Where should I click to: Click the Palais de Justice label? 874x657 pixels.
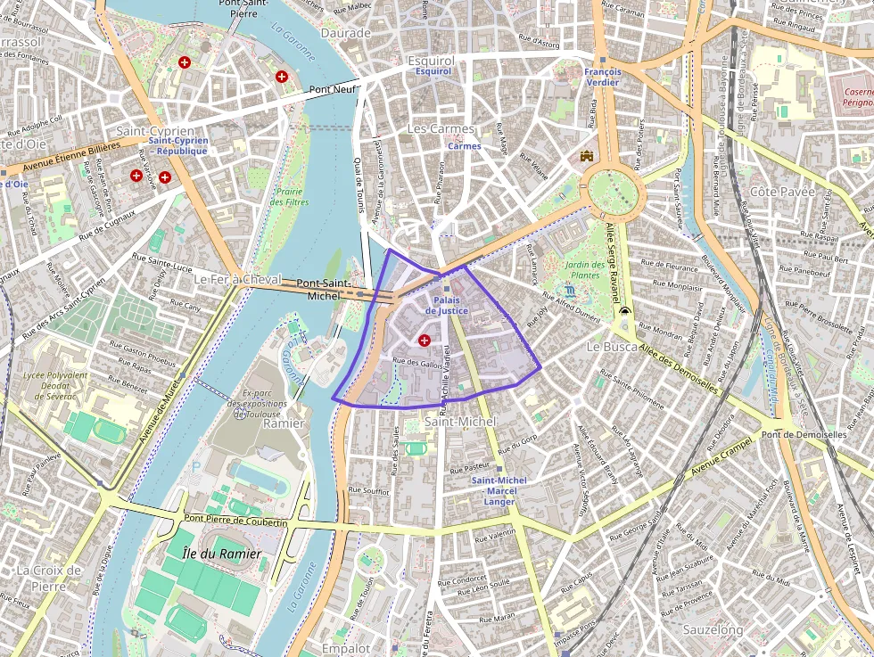[x=446, y=305]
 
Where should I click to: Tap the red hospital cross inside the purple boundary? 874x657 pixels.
[x=424, y=340]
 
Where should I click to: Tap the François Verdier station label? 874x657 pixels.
[x=603, y=77]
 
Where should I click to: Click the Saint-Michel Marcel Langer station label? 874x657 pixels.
[x=499, y=491]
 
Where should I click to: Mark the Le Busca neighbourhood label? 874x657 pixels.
[x=611, y=345]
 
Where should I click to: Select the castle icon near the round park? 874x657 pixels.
[x=586, y=156]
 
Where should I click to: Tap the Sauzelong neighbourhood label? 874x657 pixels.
[x=713, y=629]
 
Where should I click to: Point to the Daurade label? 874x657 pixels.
[x=345, y=33]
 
